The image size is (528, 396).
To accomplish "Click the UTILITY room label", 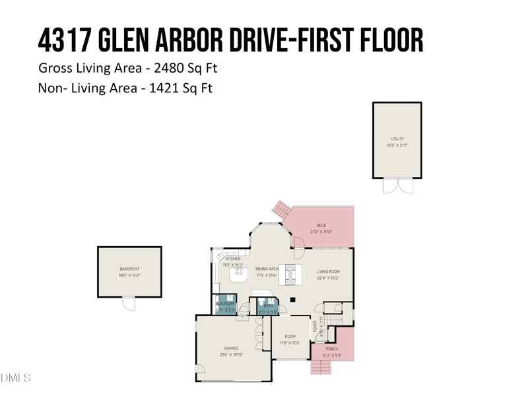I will [x=397, y=139].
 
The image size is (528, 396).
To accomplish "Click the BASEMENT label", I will [x=129, y=269].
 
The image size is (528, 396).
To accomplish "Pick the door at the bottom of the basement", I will [x=129, y=304].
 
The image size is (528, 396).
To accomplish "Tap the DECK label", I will [x=321, y=226].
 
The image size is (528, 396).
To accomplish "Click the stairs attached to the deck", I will [x=282, y=211].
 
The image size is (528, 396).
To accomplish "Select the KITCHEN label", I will [x=233, y=259].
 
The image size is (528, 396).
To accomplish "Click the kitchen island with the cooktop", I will [x=239, y=273].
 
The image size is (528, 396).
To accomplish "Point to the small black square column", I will [x=292, y=300].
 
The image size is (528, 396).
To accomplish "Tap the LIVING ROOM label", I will [x=327, y=271].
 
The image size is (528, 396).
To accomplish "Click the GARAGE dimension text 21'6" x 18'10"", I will [x=231, y=354].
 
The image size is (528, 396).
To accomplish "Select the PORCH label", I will [x=332, y=348].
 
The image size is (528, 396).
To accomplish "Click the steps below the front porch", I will [x=319, y=367].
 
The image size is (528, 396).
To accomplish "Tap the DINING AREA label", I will [x=267, y=269].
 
